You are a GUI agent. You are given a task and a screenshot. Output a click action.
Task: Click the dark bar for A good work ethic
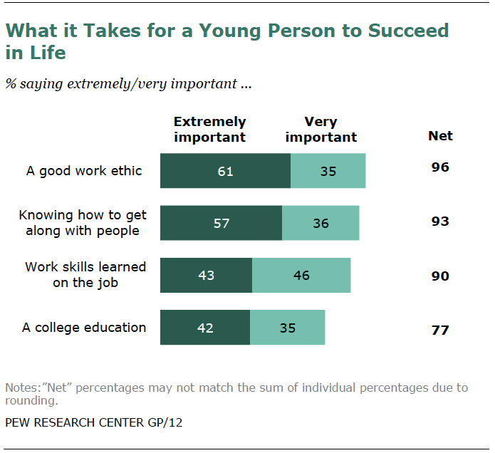point(225,171)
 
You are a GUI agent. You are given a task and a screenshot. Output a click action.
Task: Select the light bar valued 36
point(321,223)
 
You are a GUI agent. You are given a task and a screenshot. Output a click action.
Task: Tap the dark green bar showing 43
point(206,275)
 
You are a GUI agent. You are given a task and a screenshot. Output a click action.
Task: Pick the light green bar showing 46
point(301,275)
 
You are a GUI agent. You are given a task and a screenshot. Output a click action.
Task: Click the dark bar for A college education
point(205,328)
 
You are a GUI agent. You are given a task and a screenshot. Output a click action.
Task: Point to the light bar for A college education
point(288,328)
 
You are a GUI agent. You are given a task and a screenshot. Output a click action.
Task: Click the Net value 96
point(440,169)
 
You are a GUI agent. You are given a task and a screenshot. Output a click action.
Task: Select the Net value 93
point(440,222)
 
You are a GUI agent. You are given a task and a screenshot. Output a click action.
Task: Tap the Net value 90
point(440,276)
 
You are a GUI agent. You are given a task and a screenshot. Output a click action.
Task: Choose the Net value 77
point(440,330)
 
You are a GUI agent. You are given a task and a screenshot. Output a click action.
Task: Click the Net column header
point(440,135)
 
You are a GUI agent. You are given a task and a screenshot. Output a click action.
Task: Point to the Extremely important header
point(209,129)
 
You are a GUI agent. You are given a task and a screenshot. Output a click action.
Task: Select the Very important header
point(321,129)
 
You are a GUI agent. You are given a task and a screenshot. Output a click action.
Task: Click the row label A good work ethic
point(84,171)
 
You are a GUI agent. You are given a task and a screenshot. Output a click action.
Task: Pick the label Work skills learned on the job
point(85,274)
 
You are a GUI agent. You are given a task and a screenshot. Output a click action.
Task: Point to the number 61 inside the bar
point(225,171)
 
